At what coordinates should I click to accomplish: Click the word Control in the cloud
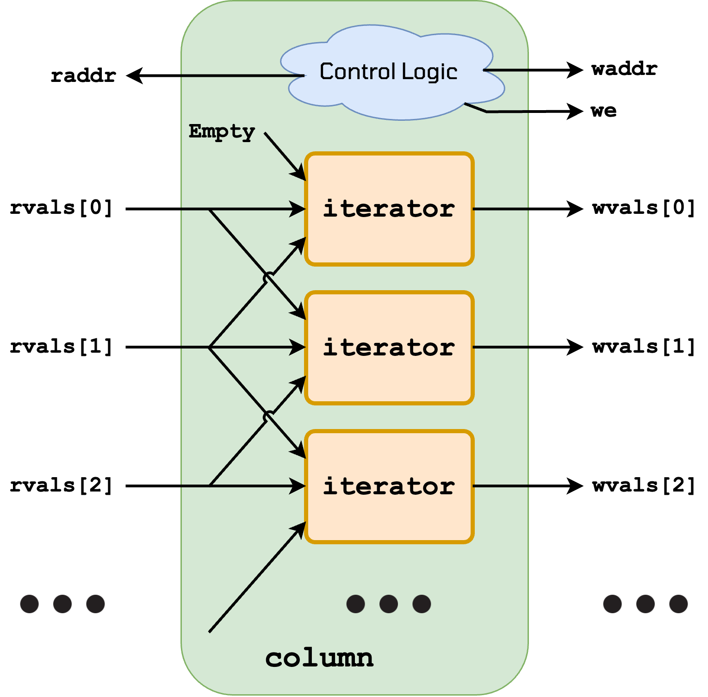(x=358, y=72)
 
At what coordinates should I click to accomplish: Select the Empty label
(x=222, y=131)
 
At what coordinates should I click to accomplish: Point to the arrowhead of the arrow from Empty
(x=299, y=175)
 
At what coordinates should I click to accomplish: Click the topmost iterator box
(x=389, y=209)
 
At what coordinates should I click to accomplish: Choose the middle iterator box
(x=389, y=348)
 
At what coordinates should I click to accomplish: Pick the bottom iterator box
(x=389, y=486)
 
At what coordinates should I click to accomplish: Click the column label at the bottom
(x=319, y=658)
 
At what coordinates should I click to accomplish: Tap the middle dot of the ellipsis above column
(x=389, y=604)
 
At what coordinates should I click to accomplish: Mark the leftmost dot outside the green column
(x=29, y=604)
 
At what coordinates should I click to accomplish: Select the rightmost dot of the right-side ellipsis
(x=678, y=604)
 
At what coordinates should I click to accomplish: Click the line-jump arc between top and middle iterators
(x=267, y=278)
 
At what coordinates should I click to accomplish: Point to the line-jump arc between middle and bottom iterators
(x=267, y=417)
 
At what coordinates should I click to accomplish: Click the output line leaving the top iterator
(x=501, y=209)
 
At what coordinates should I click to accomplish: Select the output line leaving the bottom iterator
(x=501, y=486)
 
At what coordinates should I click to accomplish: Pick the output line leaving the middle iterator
(x=501, y=347)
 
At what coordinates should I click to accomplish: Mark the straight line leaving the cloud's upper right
(x=507, y=70)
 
